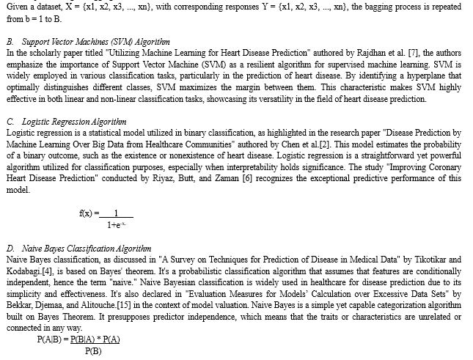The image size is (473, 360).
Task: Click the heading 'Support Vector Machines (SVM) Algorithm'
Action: click(97, 43)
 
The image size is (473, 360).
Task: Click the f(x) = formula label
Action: click(88, 213)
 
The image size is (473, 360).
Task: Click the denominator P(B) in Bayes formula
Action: click(92, 351)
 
